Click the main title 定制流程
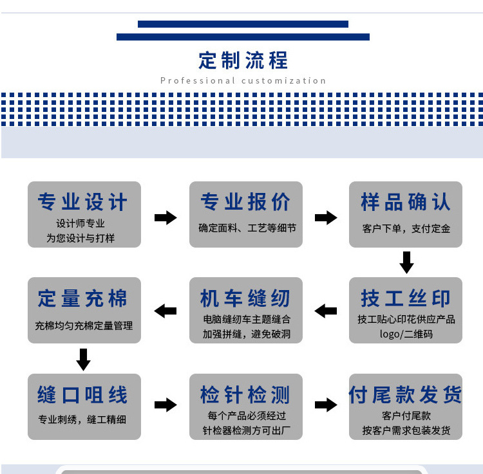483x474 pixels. click(x=243, y=60)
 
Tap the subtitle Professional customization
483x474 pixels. click(x=243, y=81)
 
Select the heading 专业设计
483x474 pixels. click(x=83, y=202)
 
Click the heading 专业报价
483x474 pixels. click(x=245, y=202)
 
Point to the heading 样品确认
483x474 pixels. click(x=406, y=202)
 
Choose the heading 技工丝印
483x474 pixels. click(x=406, y=298)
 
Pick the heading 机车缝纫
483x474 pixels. click(x=245, y=298)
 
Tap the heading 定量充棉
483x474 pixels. click(x=83, y=298)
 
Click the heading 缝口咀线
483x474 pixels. click(x=83, y=394)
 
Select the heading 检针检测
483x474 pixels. click(x=245, y=394)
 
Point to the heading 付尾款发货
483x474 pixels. click(x=406, y=394)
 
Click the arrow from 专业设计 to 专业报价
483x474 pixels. click(x=166, y=217)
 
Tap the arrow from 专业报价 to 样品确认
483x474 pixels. click(x=326, y=217)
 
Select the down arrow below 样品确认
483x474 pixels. click(x=406, y=262)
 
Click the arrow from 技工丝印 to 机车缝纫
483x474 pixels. click(x=326, y=311)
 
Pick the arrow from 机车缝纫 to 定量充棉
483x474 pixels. click(x=166, y=311)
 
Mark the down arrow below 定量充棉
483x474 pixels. click(x=83, y=359)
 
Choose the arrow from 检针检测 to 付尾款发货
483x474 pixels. click(x=326, y=405)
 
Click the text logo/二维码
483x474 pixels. click(x=406, y=334)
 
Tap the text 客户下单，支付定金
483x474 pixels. click(x=406, y=228)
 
